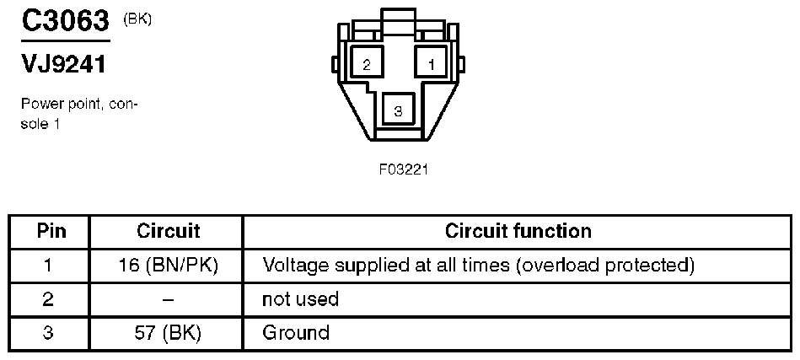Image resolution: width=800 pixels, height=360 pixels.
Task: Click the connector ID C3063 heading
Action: tap(65, 21)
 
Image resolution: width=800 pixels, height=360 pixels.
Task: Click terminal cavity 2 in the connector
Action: tap(367, 64)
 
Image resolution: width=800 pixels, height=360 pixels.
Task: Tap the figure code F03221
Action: tap(404, 169)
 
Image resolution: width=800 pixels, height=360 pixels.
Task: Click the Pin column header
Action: tap(49, 231)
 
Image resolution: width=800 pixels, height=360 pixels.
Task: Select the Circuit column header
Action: tap(168, 231)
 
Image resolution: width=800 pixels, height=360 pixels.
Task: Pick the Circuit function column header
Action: tap(518, 231)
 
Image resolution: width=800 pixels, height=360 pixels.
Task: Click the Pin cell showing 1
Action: tap(49, 266)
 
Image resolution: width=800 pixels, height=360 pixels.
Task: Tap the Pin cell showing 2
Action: tap(49, 298)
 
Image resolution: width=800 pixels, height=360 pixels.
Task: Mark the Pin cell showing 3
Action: tap(49, 332)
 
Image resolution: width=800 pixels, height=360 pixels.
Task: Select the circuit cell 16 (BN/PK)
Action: tap(168, 266)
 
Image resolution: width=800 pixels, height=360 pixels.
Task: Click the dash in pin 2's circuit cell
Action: tap(168, 299)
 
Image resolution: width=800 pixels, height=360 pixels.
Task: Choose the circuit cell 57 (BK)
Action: tap(168, 332)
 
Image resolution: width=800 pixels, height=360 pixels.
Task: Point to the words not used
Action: tap(301, 298)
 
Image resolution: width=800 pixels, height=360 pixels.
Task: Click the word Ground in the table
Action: tap(296, 332)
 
